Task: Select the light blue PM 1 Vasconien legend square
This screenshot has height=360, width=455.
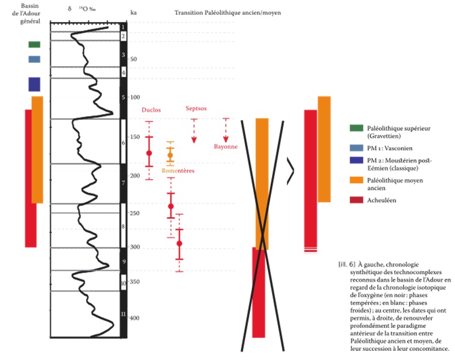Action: coord(357,147)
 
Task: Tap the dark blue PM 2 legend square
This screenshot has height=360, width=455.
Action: coord(357,160)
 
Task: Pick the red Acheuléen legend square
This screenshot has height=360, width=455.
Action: coord(357,200)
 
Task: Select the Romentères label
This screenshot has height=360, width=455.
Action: coord(178,171)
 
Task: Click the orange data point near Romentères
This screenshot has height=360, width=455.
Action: coord(170,155)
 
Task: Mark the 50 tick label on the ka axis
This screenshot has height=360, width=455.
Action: coord(135,59)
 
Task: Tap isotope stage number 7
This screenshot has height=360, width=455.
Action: coord(123,183)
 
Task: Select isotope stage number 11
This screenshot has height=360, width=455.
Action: coord(123,314)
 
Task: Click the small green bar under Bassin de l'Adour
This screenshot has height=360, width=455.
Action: coord(34,45)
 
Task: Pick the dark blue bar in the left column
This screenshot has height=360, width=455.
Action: coord(34,84)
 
